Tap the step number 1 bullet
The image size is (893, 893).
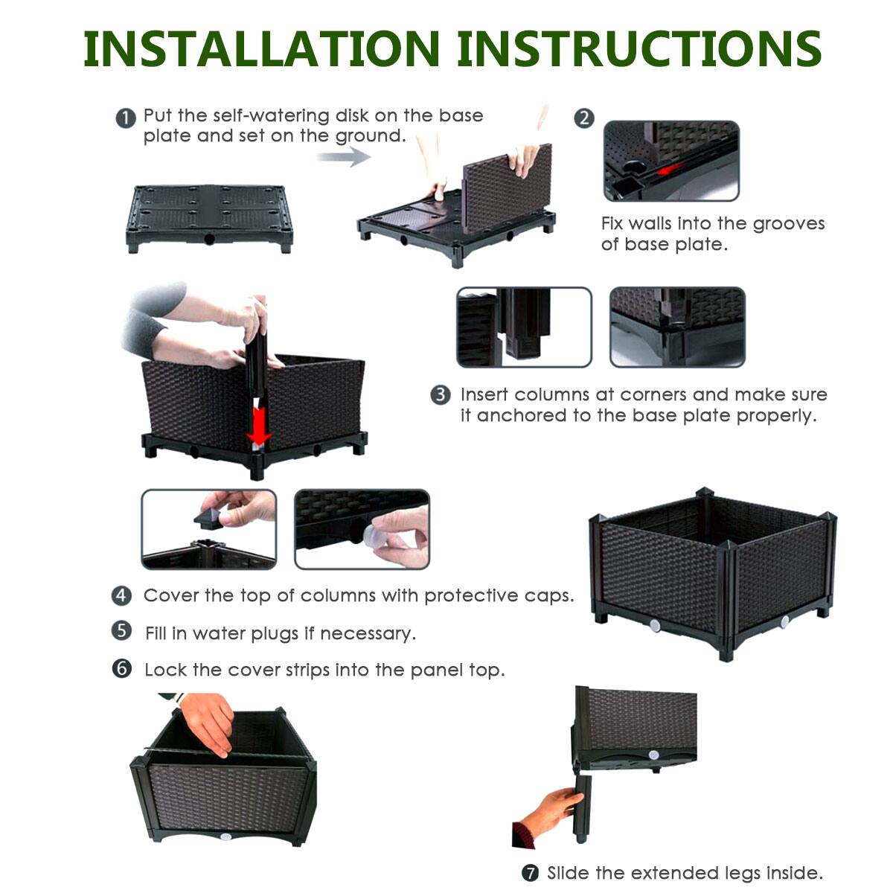click(x=126, y=118)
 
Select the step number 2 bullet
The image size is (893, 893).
click(x=585, y=118)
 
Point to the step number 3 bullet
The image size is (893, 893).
click(x=441, y=394)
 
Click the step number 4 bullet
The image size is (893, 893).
click(x=122, y=595)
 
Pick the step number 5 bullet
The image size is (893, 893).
click(x=122, y=632)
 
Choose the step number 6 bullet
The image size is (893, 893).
click(x=122, y=668)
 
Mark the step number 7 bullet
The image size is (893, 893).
click(x=529, y=873)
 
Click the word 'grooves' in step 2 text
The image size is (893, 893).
click(x=789, y=224)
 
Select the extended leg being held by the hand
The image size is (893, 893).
click(x=582, y=808)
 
